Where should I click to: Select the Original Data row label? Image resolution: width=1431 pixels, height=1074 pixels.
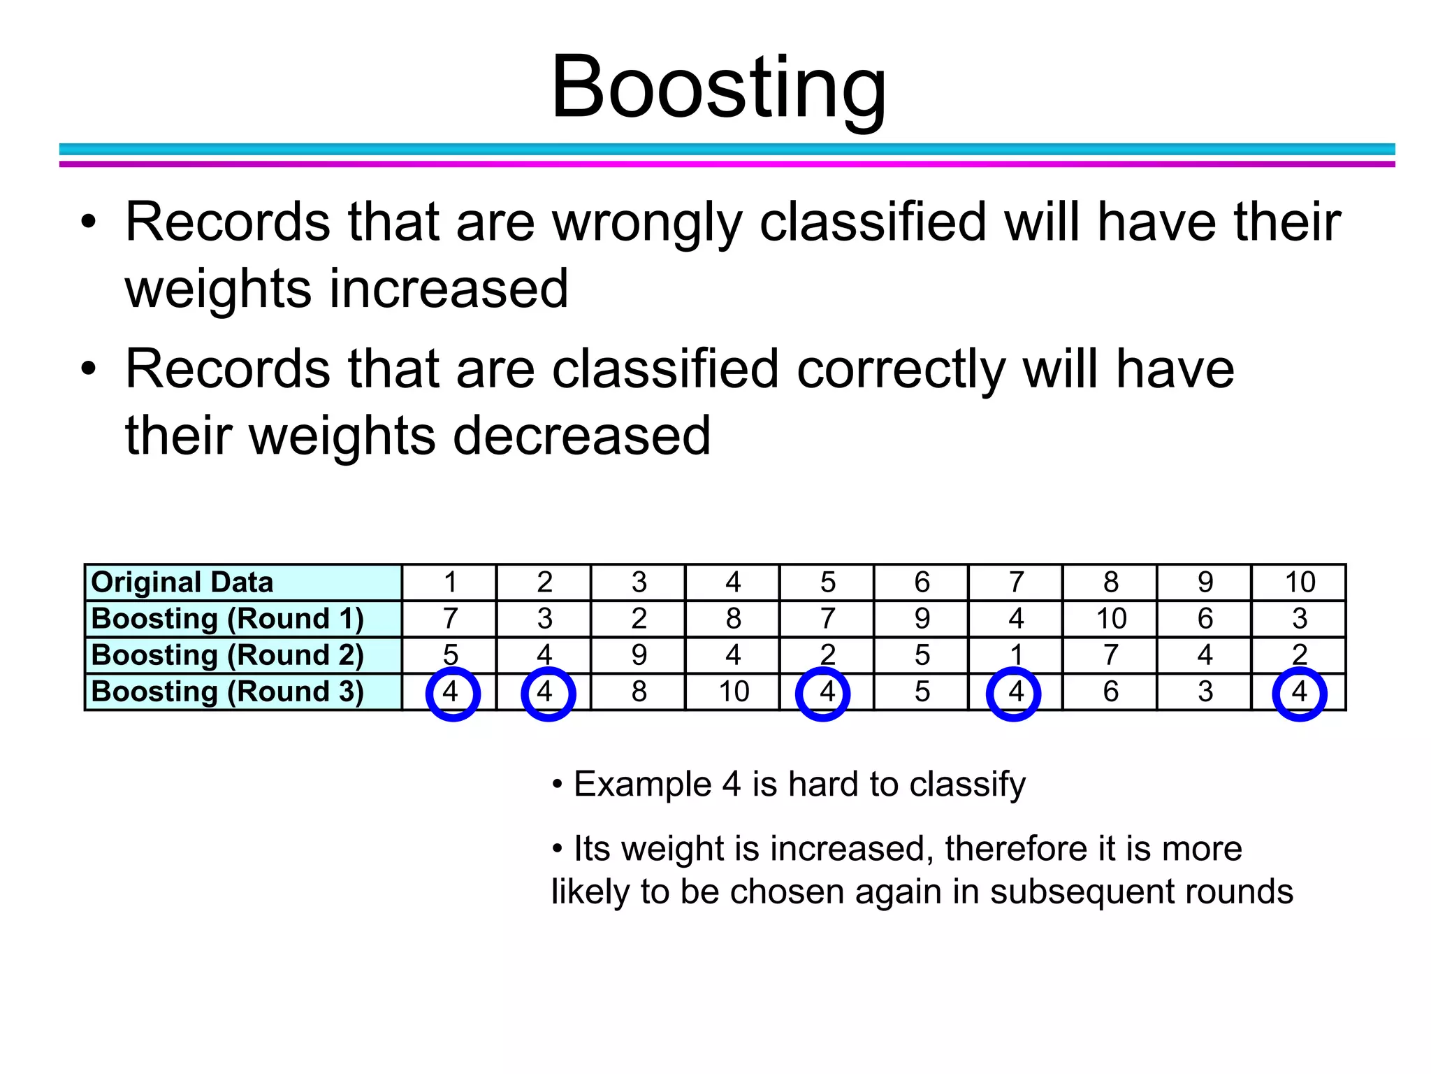click(182, 582)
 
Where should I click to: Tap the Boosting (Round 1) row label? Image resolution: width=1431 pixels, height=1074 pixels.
click(228, 619)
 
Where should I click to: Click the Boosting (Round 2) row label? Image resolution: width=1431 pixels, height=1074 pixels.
click(228, 655)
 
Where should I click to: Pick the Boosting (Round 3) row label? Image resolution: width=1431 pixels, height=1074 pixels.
click(228, 692)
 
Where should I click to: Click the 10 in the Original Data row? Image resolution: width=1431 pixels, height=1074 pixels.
click(1300, 582)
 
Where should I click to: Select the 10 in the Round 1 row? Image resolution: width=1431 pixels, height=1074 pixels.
click(1111, 619)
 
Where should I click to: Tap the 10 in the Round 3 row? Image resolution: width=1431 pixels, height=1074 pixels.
click(734, 692)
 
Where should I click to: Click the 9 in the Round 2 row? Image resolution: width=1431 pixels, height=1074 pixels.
click(639, 655)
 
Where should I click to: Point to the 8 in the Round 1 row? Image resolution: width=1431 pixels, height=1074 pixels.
click(734, 619)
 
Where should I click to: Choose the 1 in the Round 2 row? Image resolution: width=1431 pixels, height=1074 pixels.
click(1017, 655)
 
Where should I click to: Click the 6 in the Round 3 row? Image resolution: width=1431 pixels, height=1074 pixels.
click(1111, 692)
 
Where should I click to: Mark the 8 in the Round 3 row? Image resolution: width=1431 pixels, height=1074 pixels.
click(639, 692)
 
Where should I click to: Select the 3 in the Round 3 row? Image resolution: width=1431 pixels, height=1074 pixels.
click(1205, 692)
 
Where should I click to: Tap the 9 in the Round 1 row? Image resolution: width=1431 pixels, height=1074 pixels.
click(922, 619)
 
